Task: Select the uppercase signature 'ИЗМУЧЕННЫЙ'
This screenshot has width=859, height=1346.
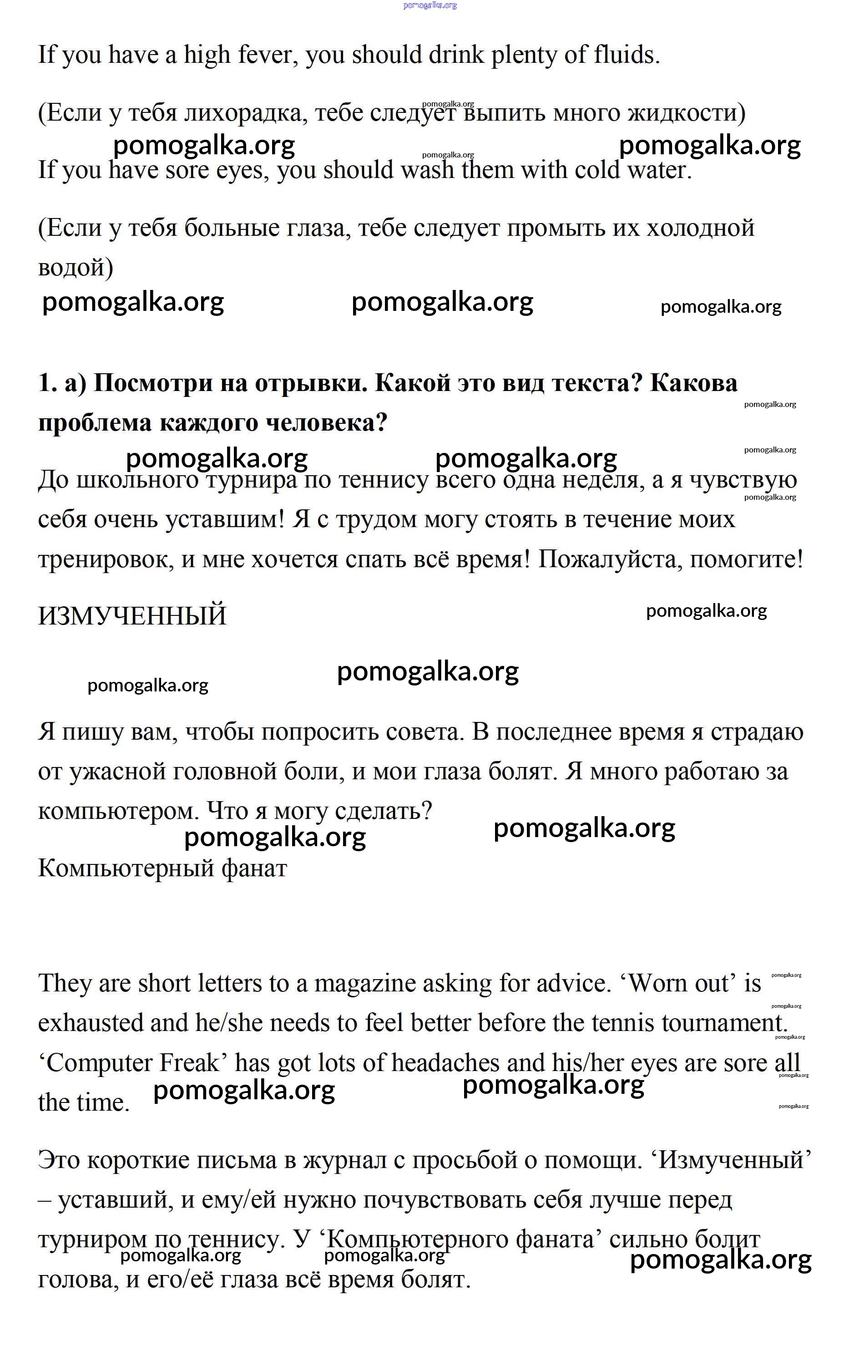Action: click(x=132, y=616)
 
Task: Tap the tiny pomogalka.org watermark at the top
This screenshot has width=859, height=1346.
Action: click(x=430, y=5)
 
